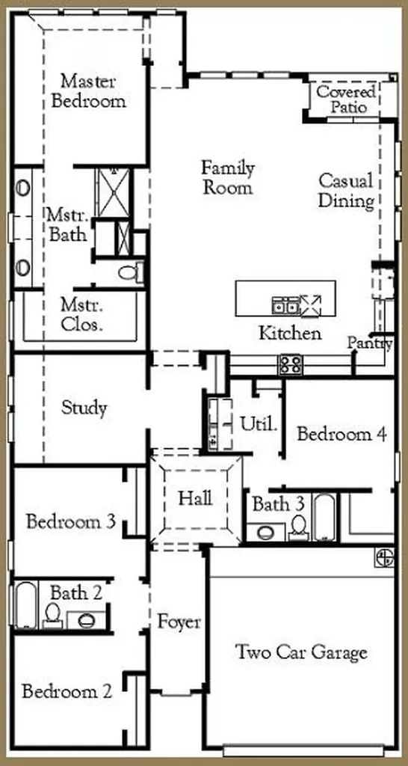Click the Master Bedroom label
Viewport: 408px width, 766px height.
coord(88,91)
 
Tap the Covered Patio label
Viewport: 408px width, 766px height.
coord(347,99)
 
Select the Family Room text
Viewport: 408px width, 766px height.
coord(228,177)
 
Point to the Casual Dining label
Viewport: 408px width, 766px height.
coord(346,191)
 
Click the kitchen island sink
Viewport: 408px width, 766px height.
coord(285,306)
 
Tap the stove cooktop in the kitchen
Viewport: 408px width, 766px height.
coord(291,364)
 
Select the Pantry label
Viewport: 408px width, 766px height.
coord(370,343)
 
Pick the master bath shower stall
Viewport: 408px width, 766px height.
coord(114,192)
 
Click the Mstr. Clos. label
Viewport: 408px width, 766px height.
coord(81,316)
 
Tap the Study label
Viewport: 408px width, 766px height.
coord(84,408)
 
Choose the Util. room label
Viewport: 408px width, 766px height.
coord(259,424)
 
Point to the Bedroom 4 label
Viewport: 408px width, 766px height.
coord(341,433)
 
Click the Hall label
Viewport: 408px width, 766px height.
coord(195,499)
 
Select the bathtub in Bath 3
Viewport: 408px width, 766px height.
coord(324,518)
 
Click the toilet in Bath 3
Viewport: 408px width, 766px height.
coord(298,527)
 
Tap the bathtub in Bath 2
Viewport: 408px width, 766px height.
coord(25,605)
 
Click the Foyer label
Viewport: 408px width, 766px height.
coord(179,623)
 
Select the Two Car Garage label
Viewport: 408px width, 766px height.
coord(301,652)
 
